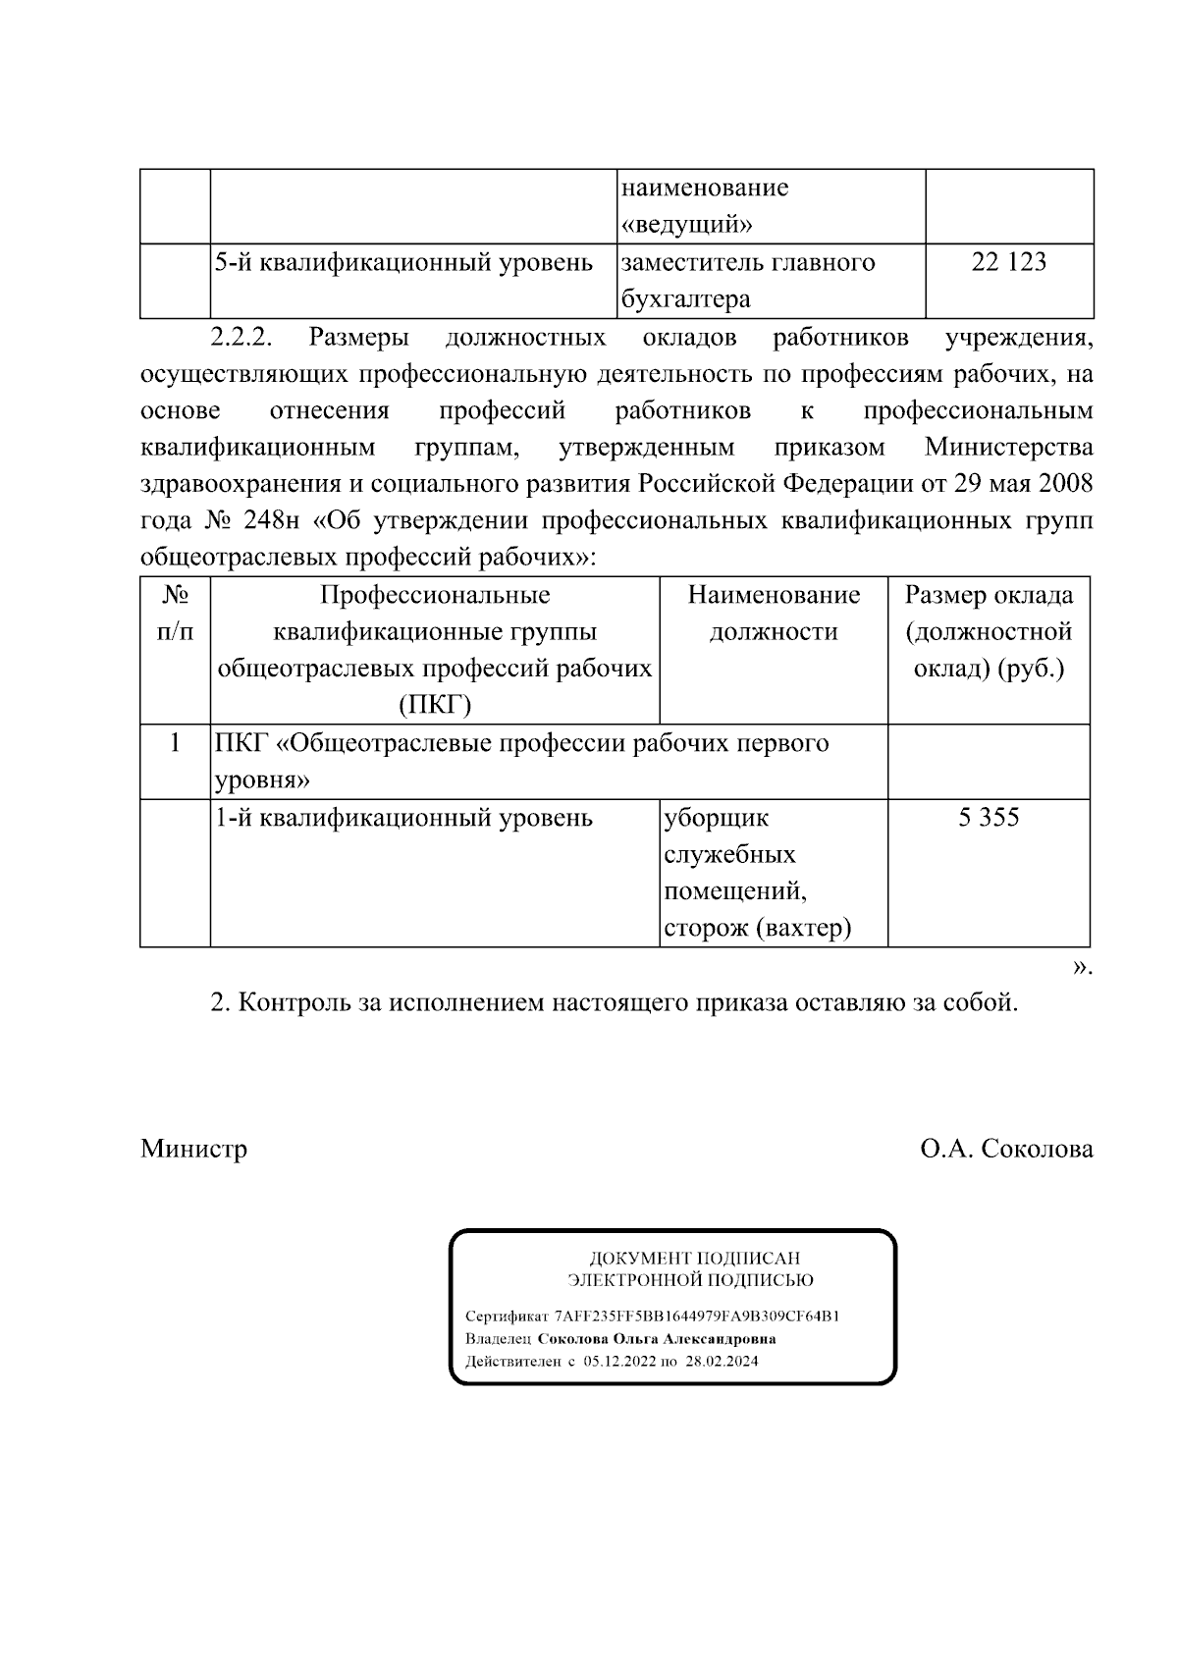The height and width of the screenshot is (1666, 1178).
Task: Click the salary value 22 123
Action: tap(1008, 262)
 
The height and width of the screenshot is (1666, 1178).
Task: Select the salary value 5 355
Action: tap(989, 817)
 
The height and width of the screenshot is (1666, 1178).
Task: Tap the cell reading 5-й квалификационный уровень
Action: tap(403, 263)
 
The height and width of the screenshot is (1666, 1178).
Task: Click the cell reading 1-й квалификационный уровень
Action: tap(403, 818)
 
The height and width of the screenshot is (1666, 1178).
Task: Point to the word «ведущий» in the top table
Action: tap(687, 225)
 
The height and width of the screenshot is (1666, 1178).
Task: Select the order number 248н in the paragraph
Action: tap(265, 520)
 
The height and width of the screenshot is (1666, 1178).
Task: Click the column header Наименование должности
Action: tap(774, 613)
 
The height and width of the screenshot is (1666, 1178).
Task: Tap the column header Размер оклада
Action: tap(989, 595)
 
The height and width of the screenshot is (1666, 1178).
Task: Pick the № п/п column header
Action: tap(175, 613)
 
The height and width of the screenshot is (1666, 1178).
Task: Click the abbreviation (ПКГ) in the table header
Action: tap(435, 705)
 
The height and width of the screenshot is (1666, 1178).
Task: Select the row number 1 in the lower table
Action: tap(175, 742)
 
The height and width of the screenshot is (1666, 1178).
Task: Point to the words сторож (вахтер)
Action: tap(757, 928)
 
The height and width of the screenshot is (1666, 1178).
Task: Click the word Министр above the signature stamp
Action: tap(193, 1149)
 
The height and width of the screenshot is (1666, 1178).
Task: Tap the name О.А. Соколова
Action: tap(1006, 1149)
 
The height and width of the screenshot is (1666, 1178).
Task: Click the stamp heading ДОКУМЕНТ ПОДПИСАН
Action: tap(694, 1259)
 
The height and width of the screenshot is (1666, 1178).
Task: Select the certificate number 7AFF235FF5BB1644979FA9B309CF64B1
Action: tap(697, 1317)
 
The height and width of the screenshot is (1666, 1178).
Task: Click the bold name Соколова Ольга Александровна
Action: tap(657, 1339)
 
